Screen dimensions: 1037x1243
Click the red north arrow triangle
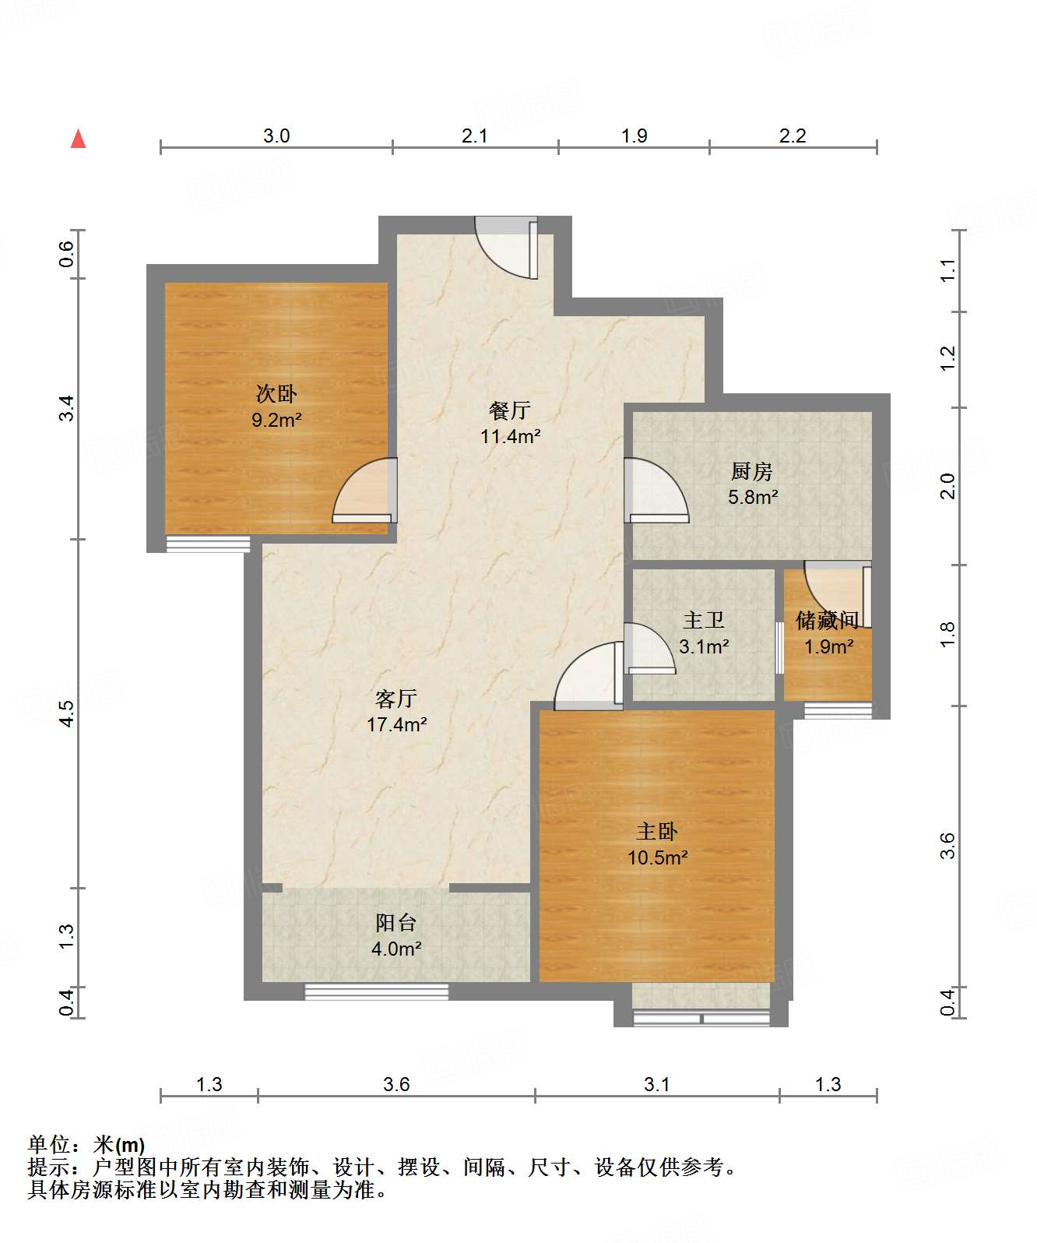coord(78,138)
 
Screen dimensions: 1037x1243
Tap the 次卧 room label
coord(276,393)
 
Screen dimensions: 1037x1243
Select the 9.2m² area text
coord(276,421)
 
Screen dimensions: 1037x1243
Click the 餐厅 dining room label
coord(510,410)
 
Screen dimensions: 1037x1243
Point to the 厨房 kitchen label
coord(752,471)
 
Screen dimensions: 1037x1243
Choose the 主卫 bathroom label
coord(704,620)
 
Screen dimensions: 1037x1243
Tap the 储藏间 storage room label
coord(828,620)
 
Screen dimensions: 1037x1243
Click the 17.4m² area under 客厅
coord(396,724)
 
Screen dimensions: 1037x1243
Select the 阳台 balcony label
coord(395,923)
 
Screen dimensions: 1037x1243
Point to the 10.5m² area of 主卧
coord(657,857)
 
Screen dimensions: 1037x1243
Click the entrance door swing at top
coord(507,248)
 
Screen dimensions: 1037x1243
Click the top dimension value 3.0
coord(276,136)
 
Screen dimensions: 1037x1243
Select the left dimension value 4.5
coord(66,713)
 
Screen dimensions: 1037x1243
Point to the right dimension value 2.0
coord(947,486)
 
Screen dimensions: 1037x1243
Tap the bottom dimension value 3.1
coord(656,1084)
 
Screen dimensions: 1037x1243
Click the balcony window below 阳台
coord(376,991)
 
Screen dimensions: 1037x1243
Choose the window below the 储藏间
coord(838,711)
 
